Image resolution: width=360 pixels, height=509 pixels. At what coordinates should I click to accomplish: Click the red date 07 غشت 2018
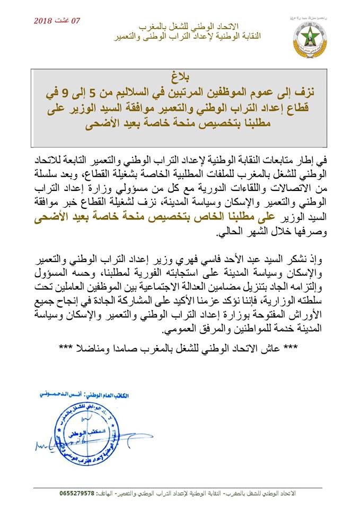point(57,21)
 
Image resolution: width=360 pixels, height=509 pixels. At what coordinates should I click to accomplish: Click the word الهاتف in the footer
point(119,493)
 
